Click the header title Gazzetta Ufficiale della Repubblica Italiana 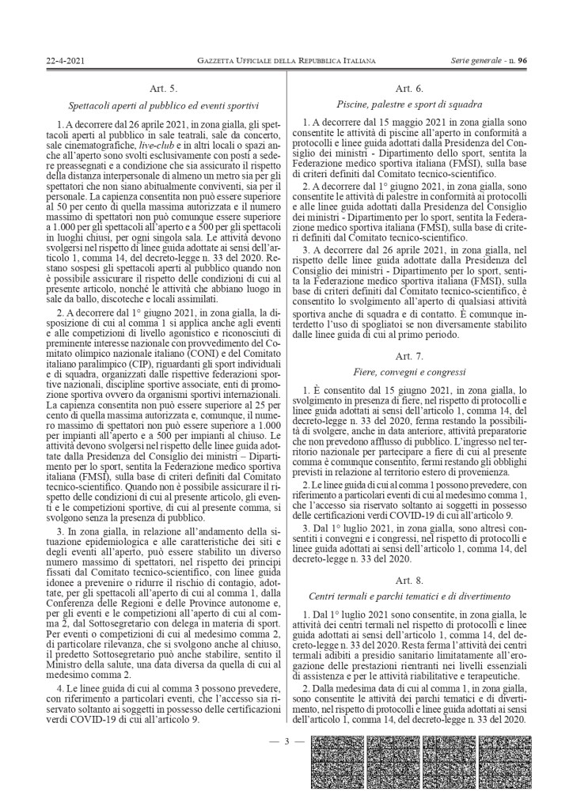click(286, 60)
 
